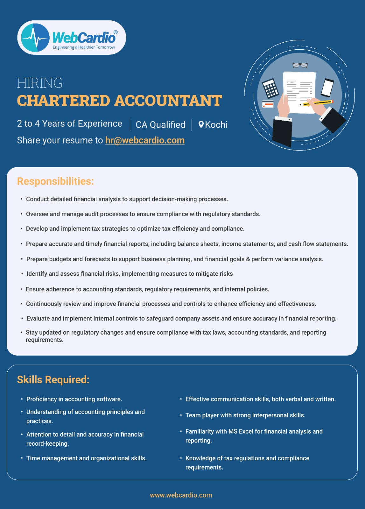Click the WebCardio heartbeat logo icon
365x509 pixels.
(x=35, y=38)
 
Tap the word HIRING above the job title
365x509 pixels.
(x=39, y=83)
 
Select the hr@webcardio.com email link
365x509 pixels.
(x=145, y=140)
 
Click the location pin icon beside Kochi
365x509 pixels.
(x=201, y=124)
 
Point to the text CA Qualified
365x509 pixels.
(x=160, y=125)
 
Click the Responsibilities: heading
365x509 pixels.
(x=55, y=181)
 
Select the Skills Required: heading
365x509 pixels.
(x=53, y=380)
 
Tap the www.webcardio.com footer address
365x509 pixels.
(x=181, y=495)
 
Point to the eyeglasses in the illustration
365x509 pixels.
(x=300, y=66)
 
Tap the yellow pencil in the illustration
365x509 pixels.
(x=318, y=103)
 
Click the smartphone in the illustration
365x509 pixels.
(x=327, y=87)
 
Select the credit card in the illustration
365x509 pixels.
(x=268, y=104)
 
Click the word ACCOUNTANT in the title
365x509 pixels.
(x=168, y=101)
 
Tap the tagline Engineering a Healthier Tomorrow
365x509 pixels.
(x=84, y=47)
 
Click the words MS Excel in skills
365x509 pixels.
(x=241, y=431)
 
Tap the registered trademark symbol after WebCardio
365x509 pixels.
(x=115, y=32)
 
